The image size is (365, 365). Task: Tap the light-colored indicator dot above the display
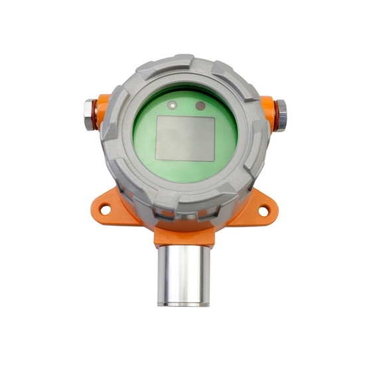173,104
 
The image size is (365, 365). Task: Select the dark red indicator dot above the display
200,104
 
